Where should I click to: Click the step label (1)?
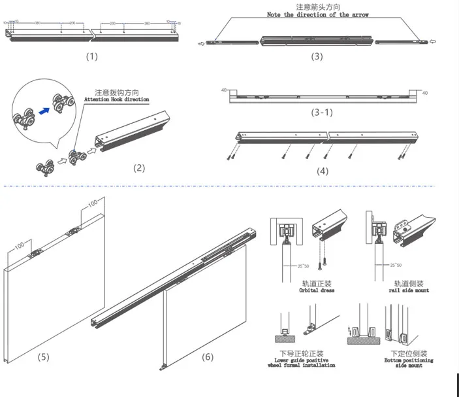coord(91,56)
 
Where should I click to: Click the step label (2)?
coord(139,167)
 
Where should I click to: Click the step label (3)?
coord(316,56)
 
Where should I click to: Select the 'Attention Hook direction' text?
coord(117,99)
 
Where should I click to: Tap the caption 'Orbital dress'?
coord(316,290)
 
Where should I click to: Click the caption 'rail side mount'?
coord(409,290)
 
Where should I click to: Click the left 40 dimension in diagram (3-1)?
coord(224,90)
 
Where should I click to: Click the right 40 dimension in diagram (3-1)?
coord(425,93)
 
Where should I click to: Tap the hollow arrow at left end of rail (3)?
coord(200,43)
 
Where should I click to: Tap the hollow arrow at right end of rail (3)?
coord(432,43)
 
